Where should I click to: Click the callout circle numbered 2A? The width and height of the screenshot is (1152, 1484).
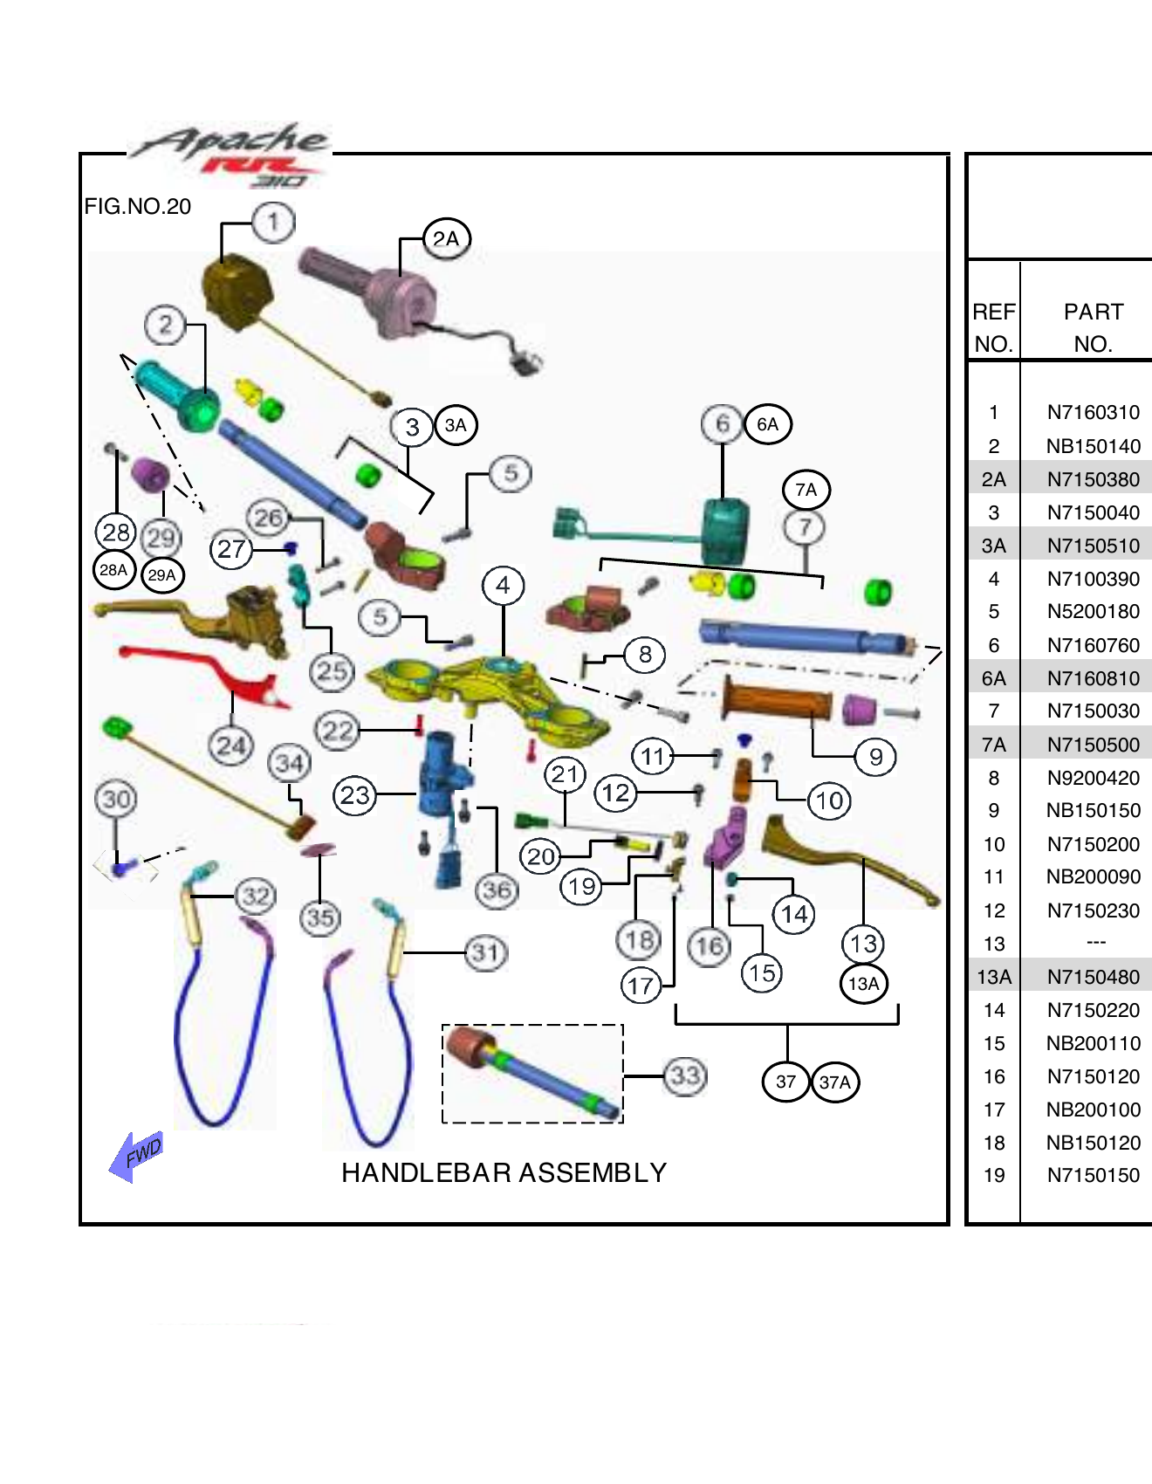point(446,238)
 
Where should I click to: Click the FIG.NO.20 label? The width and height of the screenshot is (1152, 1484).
point(137,207)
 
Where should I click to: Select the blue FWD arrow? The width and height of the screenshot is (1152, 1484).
point(135,1156)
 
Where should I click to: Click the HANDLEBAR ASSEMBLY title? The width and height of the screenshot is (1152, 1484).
point(504,1172)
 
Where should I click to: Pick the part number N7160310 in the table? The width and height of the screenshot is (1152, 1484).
point(1093,412)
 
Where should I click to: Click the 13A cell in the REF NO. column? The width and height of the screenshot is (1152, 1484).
point(993,977)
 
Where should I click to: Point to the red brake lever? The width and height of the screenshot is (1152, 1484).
point(209,671)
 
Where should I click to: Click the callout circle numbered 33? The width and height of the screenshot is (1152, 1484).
point(685,1075)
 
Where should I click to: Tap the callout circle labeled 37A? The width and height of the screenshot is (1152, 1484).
point(834,1082)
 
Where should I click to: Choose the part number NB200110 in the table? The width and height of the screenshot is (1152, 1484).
point(1093,1043)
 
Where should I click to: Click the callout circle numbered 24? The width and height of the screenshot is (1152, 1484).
point(231,745)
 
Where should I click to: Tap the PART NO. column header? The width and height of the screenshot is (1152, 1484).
point(1093,326)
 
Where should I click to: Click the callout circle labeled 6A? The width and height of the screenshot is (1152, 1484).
point(767,424)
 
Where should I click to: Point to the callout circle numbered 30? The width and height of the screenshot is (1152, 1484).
point(116,799)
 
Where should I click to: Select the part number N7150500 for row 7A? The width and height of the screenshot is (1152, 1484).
point(1093,745)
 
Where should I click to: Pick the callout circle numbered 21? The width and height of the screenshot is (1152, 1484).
point(565,773)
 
